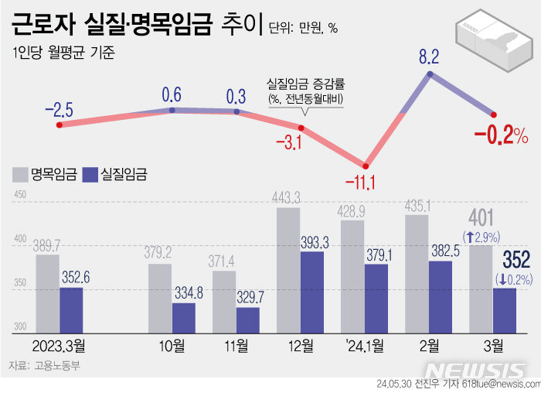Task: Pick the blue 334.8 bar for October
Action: coord(183,316)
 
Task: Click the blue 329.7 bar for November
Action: coord(247,319)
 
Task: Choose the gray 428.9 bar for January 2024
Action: coord(352,275)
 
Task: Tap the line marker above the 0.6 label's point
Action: coord(172,111)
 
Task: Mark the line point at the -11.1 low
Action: coord(366,165)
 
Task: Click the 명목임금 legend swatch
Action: coord(21,175)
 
